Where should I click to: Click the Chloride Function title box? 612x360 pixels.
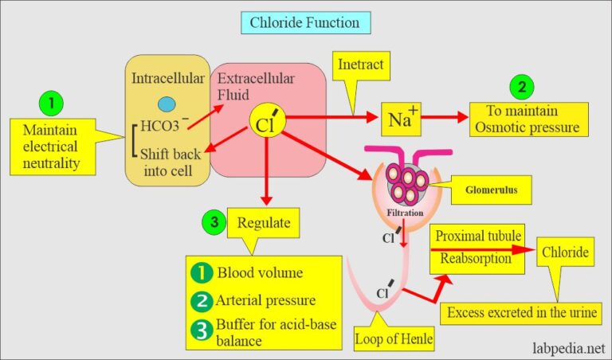point(306,22)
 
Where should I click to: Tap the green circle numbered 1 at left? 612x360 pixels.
point(50,102)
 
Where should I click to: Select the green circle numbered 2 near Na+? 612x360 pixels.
point(522,87)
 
